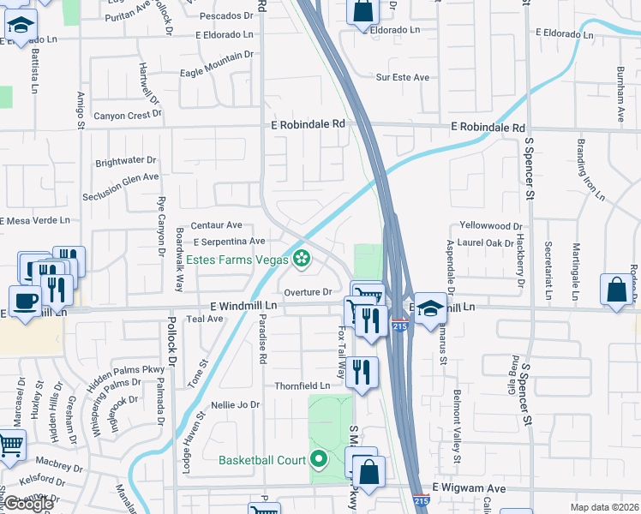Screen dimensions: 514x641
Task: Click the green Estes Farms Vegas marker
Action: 301,257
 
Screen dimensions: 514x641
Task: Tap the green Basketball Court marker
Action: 319,460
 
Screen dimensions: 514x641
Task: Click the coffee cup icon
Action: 26,301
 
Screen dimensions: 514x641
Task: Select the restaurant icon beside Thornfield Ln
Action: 362,371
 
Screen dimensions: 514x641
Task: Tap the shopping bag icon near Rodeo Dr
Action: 617,290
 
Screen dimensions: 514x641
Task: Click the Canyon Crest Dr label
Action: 123,116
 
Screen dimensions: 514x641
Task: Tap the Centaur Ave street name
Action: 217,225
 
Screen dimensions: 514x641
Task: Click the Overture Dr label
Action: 308,292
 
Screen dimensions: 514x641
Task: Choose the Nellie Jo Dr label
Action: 235,404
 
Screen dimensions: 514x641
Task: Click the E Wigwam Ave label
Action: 469,487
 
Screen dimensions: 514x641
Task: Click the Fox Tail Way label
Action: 341,352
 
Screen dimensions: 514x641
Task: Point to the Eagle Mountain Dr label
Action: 217,65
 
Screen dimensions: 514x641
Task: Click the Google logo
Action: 28,504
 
